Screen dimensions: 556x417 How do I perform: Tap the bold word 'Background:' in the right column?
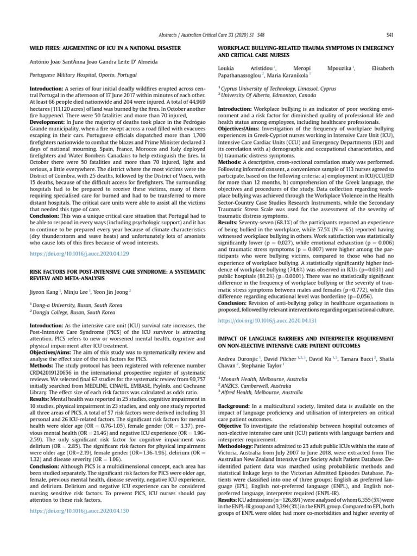234,406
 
